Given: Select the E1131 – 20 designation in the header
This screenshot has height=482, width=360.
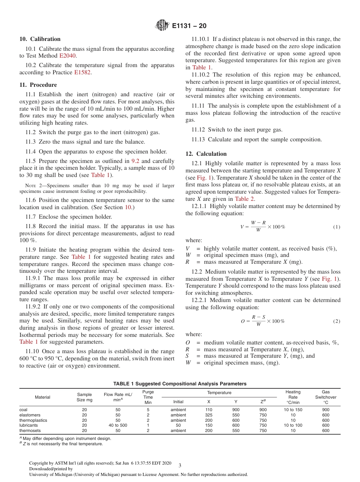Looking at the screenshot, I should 189,26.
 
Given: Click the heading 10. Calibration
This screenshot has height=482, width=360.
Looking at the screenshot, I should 40,39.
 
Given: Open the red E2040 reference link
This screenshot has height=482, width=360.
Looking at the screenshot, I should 67,56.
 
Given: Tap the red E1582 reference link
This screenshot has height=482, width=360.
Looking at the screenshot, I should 83,72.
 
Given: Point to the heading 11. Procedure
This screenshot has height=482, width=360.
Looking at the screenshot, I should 38,85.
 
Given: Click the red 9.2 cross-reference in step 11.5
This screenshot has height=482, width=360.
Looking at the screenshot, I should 135,161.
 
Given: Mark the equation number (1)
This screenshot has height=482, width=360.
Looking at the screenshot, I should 337,227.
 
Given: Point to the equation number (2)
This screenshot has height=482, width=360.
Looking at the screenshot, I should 337,321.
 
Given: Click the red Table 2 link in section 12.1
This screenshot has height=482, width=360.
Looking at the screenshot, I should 242,199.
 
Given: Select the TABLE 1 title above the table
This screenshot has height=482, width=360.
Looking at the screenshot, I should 180,384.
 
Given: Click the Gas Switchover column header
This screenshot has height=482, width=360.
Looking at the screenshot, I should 326,397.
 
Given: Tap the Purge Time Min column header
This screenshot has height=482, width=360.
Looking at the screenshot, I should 148,397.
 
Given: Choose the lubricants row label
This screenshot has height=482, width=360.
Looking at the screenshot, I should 28,426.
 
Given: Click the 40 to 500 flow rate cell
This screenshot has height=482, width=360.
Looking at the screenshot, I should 118,426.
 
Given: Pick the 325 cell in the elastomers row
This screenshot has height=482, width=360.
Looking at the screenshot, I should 209,415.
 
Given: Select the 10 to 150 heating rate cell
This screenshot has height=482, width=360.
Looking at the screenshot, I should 293,410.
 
